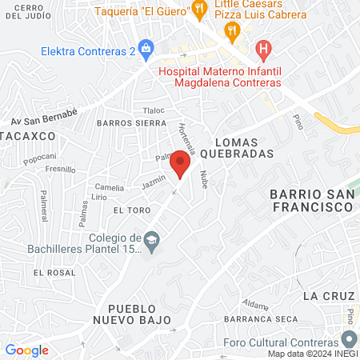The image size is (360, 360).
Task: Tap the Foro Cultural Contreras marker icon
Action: [x=349, y=339]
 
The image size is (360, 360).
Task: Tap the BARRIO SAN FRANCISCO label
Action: [x=311, y=200]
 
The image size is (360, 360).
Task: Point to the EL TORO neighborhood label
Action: [x=132, y=210]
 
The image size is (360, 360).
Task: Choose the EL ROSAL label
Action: [x=54, y=272]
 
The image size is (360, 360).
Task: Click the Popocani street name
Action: [x=39, y=157]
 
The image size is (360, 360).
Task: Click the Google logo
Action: [x=26, y=350]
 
